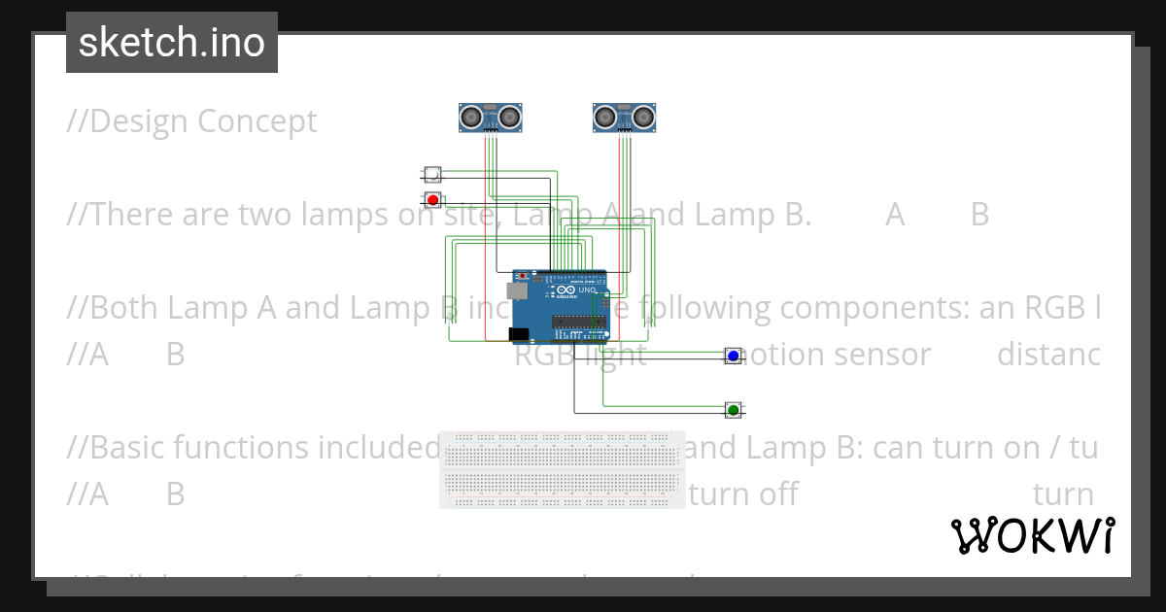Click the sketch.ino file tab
pyautogui.click(x=172, y=43)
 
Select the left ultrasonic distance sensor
pyautogui.click(x=491, y=118)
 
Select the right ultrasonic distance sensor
pyautogui.click(x=624, y=118)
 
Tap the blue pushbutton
pyautogui.click(x=734, y=357)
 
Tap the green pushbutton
pyautogui.click(x=734, y=410)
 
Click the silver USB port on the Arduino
pyautogui.click(x=517, y=289)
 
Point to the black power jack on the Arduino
pyautogui.click(x=519, y=334)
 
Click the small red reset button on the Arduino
pyautogui.click(x=523, y=276)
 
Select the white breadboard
pyautogui.click(x=562, y=469)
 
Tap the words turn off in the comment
pyautogui.click(x=742, y=494)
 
